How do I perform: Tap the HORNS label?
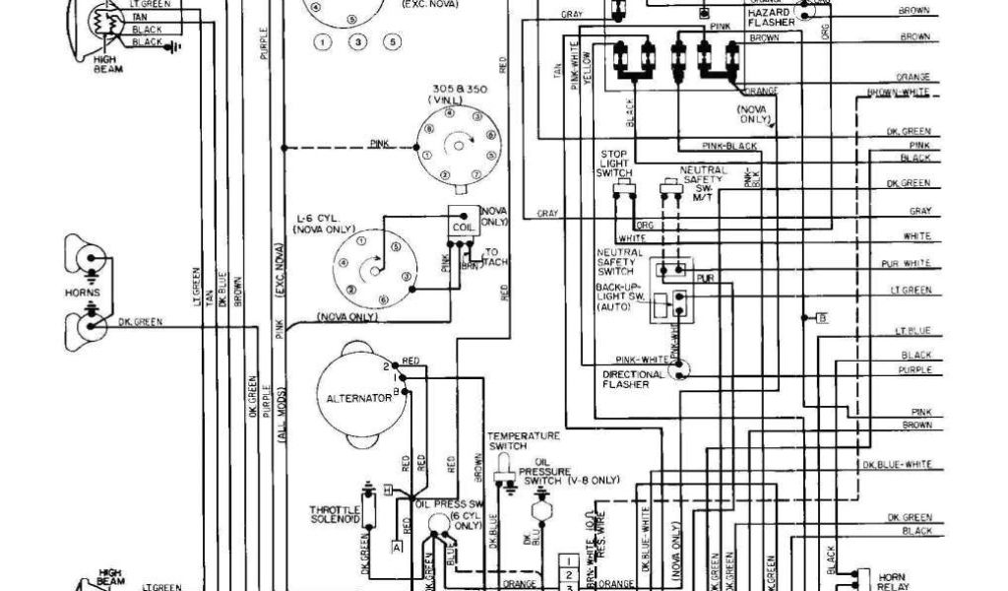click(79, 293)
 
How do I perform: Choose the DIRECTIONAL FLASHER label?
click(626, 379)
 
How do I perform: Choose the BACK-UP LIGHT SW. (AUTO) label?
click(619, 296)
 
